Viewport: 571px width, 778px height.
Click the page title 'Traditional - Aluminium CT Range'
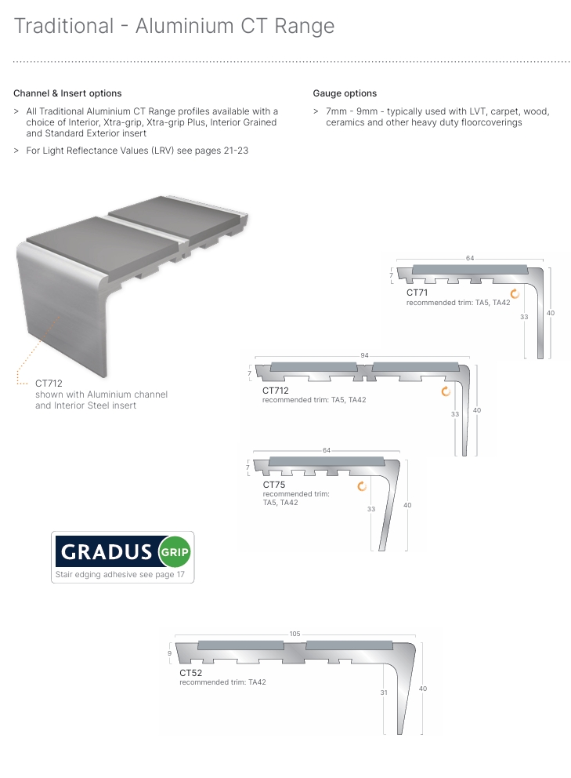click(x=174, y=26)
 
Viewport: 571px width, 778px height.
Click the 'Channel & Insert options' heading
click(x=67, y=93)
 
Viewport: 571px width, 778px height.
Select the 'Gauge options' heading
click(x=345, y=93)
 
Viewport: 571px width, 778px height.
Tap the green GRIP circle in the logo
click(x=174, y=551)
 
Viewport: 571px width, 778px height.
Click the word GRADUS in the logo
click(x=107, y=552)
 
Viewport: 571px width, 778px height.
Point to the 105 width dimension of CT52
click(x=295, y=634)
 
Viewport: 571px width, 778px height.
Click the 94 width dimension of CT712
click(x=364, y=355)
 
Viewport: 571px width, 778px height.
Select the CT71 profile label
click(x=417, y=293)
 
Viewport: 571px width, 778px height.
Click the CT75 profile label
click(x=273, y=485)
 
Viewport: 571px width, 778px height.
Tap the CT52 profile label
click(x=190, y=673)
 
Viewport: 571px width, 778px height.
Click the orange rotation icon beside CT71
click(x=515, y=294)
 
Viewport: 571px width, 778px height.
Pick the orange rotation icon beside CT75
click(x=362, y=486)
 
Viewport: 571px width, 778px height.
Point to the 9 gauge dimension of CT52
click(x=169, y=653)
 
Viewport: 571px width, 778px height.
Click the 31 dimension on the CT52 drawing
click(x=384, y=693)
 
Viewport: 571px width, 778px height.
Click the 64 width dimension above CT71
click(x=470, y=258)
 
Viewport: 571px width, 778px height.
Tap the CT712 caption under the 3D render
click(x=49, y=384)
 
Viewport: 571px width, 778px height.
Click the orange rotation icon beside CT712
click(x=446, y=391)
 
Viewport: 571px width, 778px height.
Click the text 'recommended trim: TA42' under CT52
click(x=222, y=682)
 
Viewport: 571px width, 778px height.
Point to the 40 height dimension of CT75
click(x=407, y=505)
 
